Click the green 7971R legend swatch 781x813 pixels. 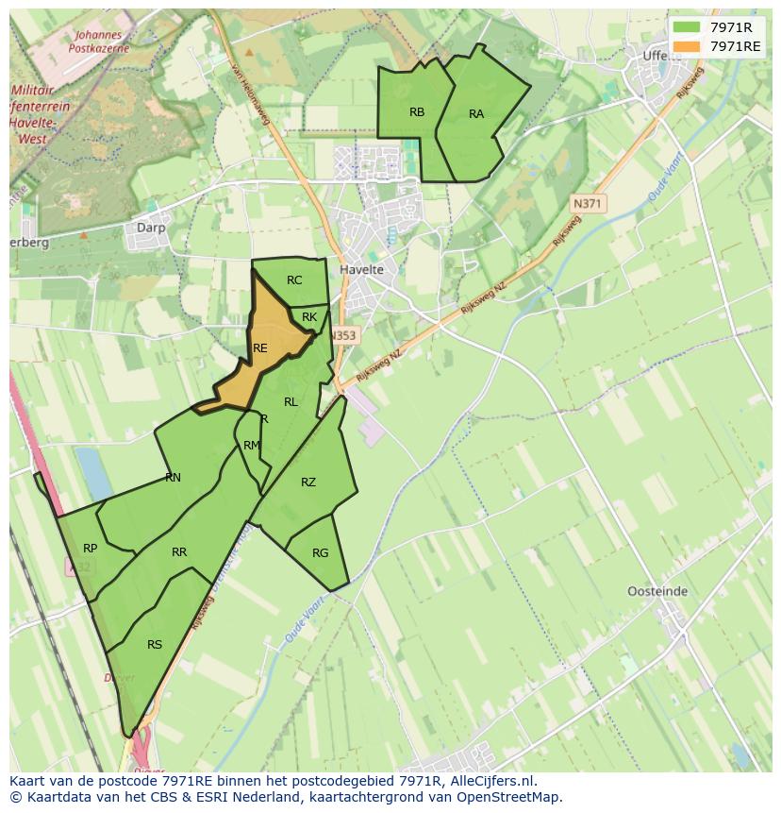pyautogui.click(x=687, y=26)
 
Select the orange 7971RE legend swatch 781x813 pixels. pyautogui.click(x=687, y=45)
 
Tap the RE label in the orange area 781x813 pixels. pyautogui.click(x=260, y=348)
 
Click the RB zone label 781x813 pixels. pyautogui.click(x=417, y=112)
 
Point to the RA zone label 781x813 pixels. pyautogui.click(x=476, y=114)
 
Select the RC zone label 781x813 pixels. pyautogui.click(x=294, y=280)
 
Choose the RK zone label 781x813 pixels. pyautogui.click(x=309, y=318)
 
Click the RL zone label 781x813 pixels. pyautogui.click(x=291, y=402)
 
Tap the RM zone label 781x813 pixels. pyautogui.click(x=251, y=446)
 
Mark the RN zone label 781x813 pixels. pyautogui.click(x=173, y=478)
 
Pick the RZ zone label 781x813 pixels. pyautogui.click(x=308, y=483)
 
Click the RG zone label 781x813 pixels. pyautogui.click(x=320, y=553)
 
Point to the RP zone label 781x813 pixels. pyautogui.click(x=90, y=549)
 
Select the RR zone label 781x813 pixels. pyautogui.click(x=179, y=552)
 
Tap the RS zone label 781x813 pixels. pyautogui.click(x=155, y=645)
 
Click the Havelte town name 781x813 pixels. pyautogui.click(x=361, y=270)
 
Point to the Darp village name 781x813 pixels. pyautogui.click(x=151, y=228)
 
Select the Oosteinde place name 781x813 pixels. pyautogui.click(x=657, y=592)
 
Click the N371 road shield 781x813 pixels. pyautogui.click(x=589, y=203)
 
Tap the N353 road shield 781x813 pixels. pyautogui.click(x=343, y=335)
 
